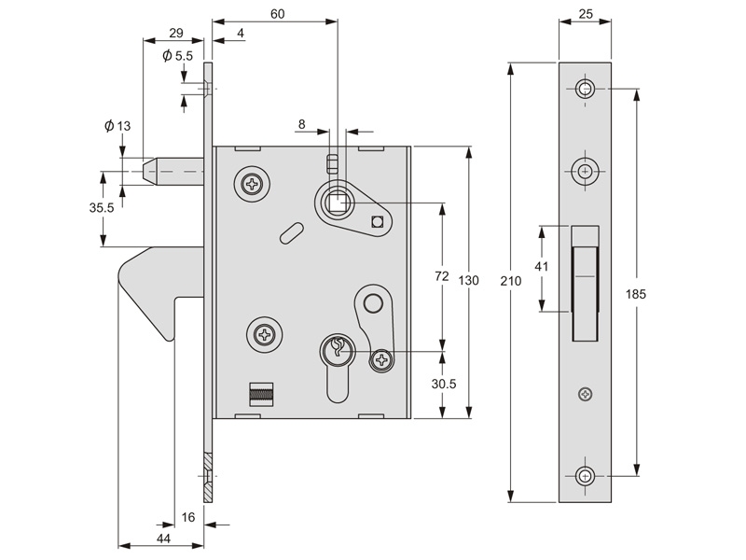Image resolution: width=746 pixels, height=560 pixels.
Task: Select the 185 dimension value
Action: tap(636, 294)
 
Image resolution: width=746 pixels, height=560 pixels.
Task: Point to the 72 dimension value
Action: tap(443, 276)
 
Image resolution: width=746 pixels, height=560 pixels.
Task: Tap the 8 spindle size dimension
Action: tap(302, 123)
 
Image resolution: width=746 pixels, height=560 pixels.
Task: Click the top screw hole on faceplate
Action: tap(585, 89)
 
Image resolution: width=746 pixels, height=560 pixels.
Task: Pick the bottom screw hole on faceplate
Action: tap(585, 475)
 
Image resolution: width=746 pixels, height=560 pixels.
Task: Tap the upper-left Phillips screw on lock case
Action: tap(252, 184)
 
